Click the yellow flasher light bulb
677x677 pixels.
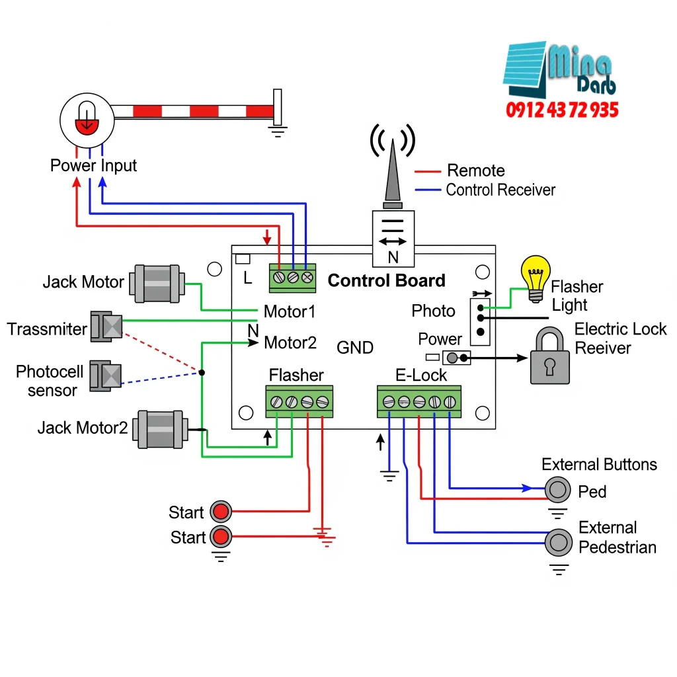(536, 277)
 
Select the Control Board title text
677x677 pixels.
(387, 280)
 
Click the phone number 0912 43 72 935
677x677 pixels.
(563, 110)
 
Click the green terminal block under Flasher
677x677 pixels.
(299, 401)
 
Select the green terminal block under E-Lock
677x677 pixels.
(419, 401)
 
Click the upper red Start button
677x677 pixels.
(220, 511)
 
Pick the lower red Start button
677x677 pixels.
(220, 536)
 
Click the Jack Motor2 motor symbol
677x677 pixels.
(159, 428)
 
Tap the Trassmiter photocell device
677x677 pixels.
(106, 327)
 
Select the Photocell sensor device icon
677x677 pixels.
(105, 375)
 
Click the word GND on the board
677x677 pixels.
(355, 347)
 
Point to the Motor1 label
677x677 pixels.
(290, 311)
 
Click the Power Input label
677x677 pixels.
(93, 165)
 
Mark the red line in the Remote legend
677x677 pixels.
(428, 171)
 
